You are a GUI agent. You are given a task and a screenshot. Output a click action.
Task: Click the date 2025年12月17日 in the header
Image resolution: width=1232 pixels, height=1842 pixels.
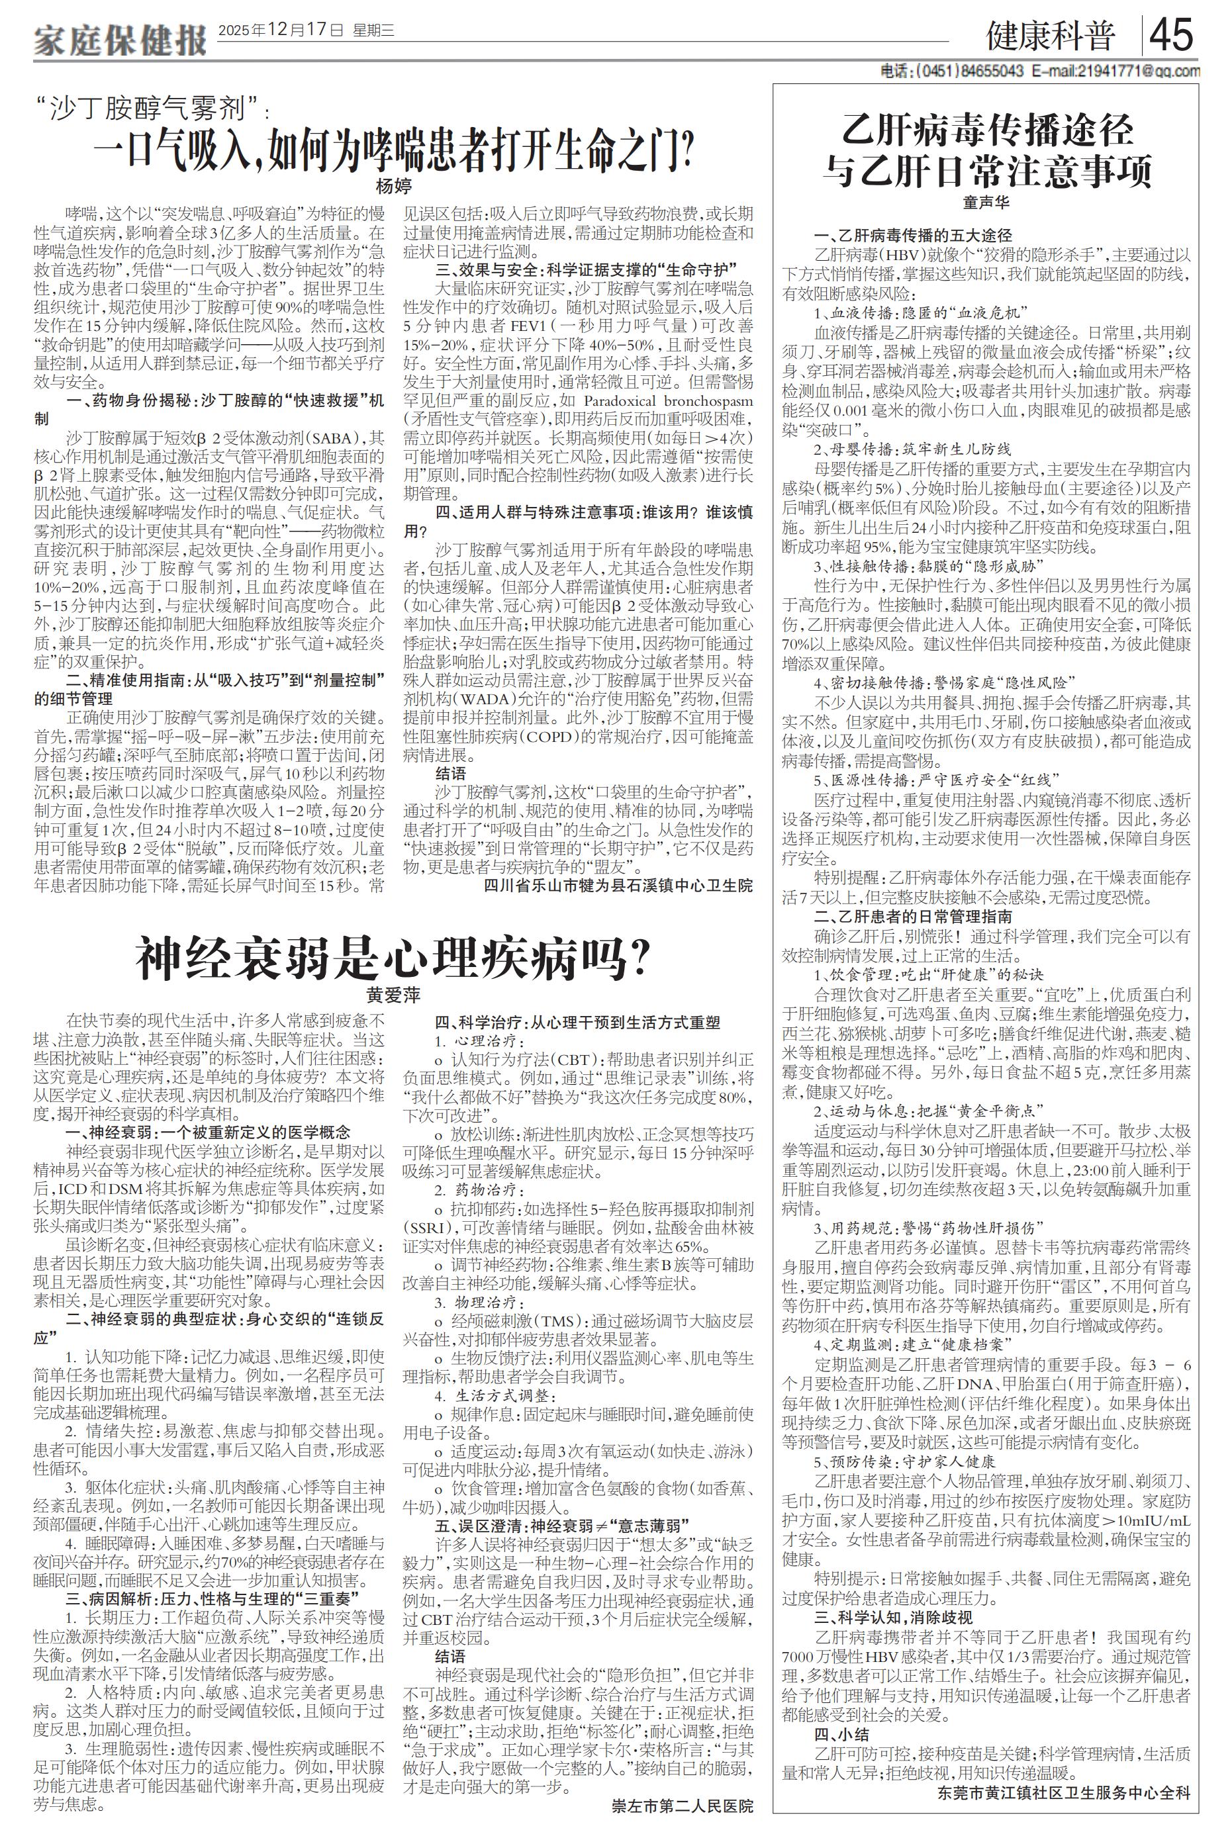click(x=281, y=31)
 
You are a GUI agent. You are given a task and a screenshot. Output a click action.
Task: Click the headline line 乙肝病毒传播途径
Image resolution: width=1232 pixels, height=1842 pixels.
click(x=987, y=130)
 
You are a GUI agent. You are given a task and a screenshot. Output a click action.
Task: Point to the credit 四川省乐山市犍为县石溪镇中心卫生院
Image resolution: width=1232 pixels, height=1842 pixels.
click(x=617, y=886)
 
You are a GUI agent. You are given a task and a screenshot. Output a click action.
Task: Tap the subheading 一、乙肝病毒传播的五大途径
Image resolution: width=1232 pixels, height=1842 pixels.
click(x=912, y=235)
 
